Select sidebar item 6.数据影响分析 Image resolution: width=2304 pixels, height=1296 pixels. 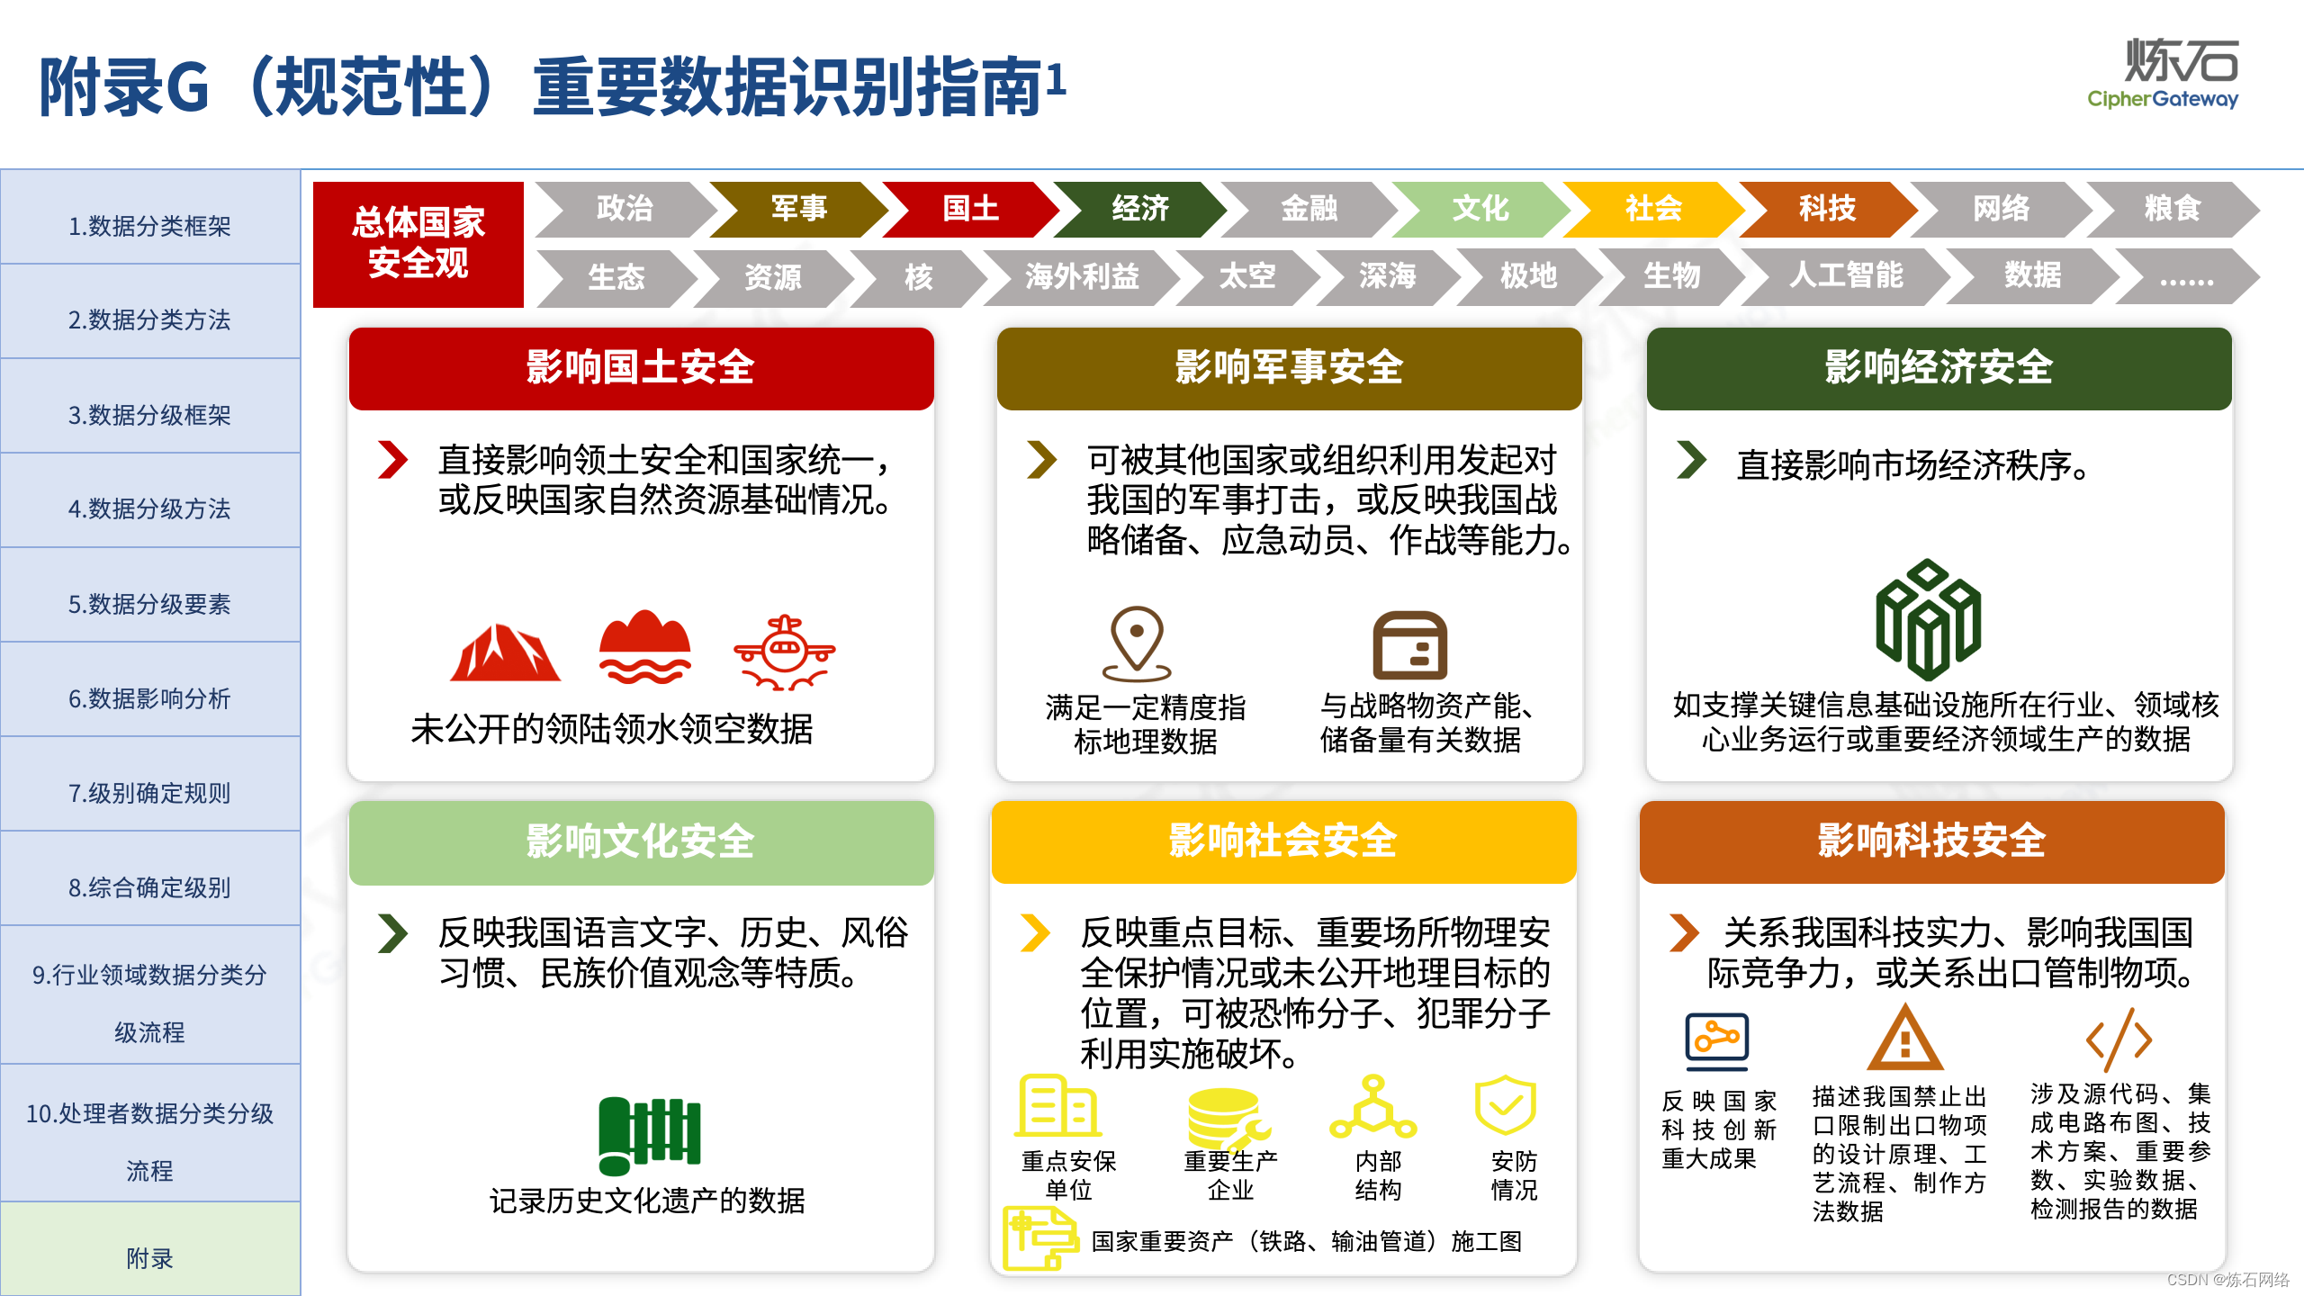(x=149, y=698)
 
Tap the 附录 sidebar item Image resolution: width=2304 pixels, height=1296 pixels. (x=149, y=1257)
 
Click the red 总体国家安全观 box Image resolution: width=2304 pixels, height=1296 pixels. (x=418, y=244)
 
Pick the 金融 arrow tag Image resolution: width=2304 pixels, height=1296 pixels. (x=1309, y=209)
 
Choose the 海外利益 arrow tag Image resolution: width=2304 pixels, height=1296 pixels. (x=1082, y=276)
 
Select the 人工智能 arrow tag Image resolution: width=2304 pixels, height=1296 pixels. (x=1845, y=275)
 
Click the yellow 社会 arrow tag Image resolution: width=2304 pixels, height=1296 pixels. (x=1652, y=209)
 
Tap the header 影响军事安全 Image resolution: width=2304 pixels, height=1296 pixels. (x=1289, y=368)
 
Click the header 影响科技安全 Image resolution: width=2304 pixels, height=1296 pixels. (x=1931, y=841)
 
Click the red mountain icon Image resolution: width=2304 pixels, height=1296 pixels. (x=505, y=652)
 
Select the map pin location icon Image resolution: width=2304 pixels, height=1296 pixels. (x=1137, y=643)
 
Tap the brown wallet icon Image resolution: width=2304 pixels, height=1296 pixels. (x=1409, y=645)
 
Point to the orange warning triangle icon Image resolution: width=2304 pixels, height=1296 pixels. (x=1904, y=1039)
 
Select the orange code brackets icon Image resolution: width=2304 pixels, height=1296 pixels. (x=2119, y=1040)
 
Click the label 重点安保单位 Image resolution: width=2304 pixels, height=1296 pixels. (x=1068, y=1175)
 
